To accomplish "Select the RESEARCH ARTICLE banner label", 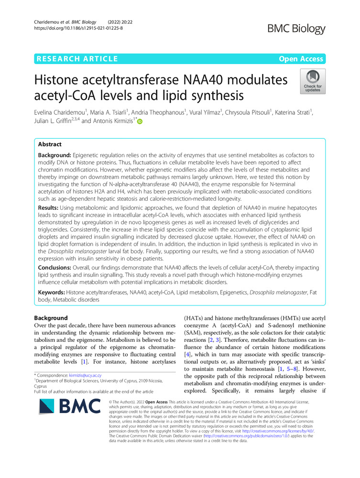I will [x=76, y=59].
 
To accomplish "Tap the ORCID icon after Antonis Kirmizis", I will [x=140, y=122].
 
